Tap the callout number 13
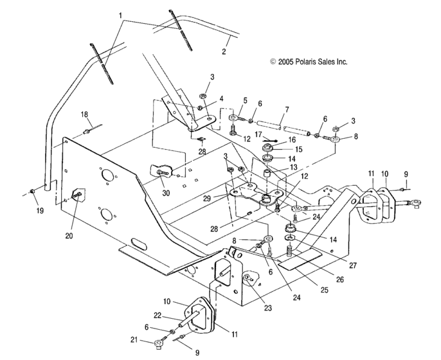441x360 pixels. tap(294, 166)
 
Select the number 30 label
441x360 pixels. tap(166, 192)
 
